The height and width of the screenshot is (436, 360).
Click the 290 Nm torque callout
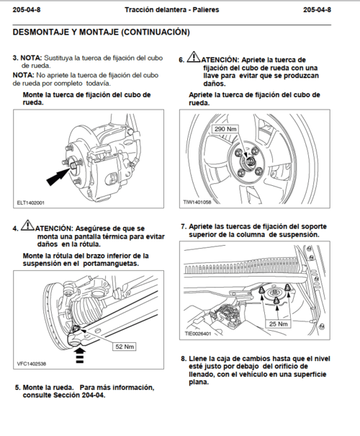[x=225, y=129]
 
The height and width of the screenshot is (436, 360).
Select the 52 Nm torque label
[x=125, y=347]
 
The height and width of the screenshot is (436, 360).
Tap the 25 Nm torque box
[x=279, y=324]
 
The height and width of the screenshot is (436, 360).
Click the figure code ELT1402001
[x=30, y=203]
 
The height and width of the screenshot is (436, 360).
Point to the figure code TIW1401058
[x=197, y=203]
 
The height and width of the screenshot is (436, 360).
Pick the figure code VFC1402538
[x=32, y=364]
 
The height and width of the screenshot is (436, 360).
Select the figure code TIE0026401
[x=198, y=334]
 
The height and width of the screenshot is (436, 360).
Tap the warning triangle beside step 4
[x=27, y=226]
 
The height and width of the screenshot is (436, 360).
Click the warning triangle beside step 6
[x=194, y=57]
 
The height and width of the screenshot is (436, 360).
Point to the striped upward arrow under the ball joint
[x=80, y=355]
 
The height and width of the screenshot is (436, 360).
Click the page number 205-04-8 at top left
[x=27, y=10]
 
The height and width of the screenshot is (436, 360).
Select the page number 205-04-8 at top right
[x=317, y=10]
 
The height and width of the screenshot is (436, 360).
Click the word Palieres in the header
[x=206, y=10]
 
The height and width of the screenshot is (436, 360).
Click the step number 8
[x=184, y=359]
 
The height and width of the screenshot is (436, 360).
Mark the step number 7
[x=184, y=226]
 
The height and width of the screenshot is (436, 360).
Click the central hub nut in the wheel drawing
[x=249, y=161]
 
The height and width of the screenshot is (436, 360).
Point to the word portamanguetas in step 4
[x=111, y=263]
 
